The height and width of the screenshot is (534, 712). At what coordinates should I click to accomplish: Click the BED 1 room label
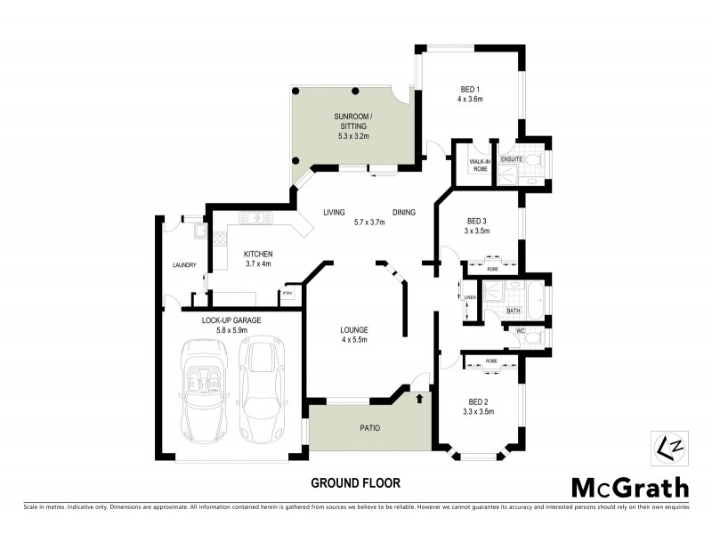tap(470, 90)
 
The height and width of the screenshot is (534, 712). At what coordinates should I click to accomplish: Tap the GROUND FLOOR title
tap(355, 483)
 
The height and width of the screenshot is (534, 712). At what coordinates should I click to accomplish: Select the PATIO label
tap(369, 428)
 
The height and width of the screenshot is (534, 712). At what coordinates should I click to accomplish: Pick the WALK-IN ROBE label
tap(480, 164)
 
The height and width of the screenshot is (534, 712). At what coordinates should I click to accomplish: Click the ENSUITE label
tap(511, 159)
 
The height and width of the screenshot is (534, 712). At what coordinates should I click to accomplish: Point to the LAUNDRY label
tap(185, 264)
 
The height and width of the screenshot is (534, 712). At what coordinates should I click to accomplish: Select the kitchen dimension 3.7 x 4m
tap(258, 264)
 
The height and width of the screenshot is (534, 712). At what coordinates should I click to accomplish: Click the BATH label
tap(514, 311)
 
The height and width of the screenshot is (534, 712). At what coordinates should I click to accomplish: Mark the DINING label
tap(403, 212)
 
